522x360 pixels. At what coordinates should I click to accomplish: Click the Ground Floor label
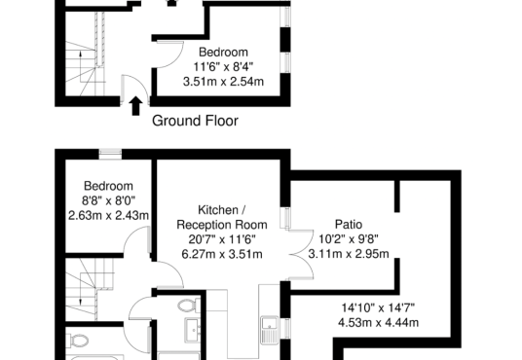(x=195, y=121)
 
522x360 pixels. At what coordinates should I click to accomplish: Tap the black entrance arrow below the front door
(x=135, y=106)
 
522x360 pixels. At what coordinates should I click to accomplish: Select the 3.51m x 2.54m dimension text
(x=223, y=82)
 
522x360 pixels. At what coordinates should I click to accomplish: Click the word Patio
(x=349, y=224)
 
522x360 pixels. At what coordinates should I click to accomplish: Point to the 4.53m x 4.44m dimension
(x=378, y=323)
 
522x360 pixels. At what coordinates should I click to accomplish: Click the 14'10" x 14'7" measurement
(x=378, y=307)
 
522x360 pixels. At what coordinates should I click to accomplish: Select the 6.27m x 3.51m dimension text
(x=222, y=254)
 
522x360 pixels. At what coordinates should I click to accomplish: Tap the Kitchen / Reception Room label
(x=222, y=217)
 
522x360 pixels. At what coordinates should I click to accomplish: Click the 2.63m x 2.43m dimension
(x=108, y=216)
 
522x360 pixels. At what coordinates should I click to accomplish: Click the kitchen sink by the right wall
(x=269, y=330)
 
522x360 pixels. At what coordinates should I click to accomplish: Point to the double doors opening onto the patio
(x=301, y=255)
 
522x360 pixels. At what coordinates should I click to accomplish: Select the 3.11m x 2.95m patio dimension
(x=349, y=254)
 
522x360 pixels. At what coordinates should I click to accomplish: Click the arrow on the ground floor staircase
(x=80, y=66)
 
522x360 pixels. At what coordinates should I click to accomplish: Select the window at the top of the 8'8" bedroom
(x=110, y=155)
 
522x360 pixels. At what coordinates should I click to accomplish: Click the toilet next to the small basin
(x=188, y=306)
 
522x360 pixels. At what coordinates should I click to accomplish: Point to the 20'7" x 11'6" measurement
(x=222, y=239)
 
